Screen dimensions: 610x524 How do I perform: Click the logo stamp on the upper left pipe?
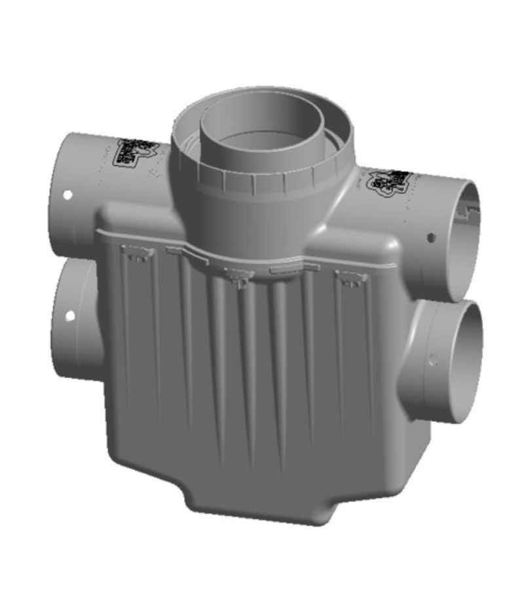[x=134, y=152]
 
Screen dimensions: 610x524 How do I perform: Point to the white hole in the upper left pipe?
[x=67, y=195]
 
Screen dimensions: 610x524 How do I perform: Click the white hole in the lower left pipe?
[x=69, y=316]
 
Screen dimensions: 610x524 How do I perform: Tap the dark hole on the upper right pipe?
[x=430, y=237]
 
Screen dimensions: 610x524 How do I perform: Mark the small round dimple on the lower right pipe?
[x=432, y=360]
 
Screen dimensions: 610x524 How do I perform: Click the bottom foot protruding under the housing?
[x=262, y=505]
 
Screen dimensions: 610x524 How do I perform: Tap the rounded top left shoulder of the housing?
[x=131, y=216]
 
